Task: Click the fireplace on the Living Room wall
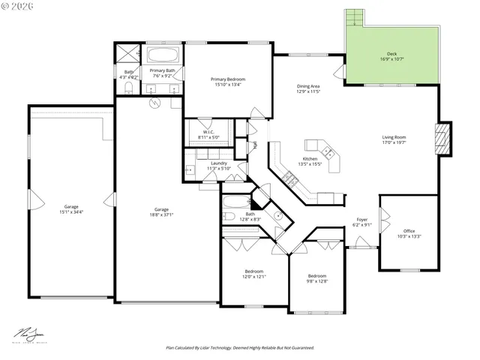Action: pyautogui.click(x=445, y=139)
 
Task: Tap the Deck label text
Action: pyautogui.click(x=391, y=54)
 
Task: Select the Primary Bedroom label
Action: pyautogui.click(x=227, y=79)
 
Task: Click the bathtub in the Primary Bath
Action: pyautogui.click(x=163, y=55)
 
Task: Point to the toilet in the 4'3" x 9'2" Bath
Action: pyautogui.click(x=127, y=88)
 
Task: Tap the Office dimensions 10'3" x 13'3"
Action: pyautogui.click(x=409, y=236)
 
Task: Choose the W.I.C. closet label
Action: pyautogui.click(x=208, y=132)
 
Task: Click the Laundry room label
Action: pyautogui.click(x=219, y=163)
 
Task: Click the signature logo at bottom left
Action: pyautogui.click(x=28, y=334)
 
